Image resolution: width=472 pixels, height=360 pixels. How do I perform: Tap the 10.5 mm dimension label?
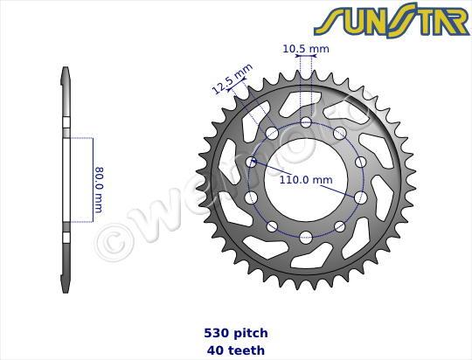pos(306,49)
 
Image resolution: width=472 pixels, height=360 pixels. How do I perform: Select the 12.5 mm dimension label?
pos(232,78)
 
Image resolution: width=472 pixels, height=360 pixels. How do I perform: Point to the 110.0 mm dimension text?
pos(306,181)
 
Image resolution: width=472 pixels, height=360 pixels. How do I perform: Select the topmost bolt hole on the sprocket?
pos(306,122)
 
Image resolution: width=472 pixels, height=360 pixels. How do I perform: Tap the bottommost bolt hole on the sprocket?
pos(306,237)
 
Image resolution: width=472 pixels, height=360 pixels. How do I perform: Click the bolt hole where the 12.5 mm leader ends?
pos(272,134)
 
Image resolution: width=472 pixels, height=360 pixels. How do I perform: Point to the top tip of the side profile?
pos(66,70)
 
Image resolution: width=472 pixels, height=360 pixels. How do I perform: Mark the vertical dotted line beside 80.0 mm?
pos(92,181)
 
